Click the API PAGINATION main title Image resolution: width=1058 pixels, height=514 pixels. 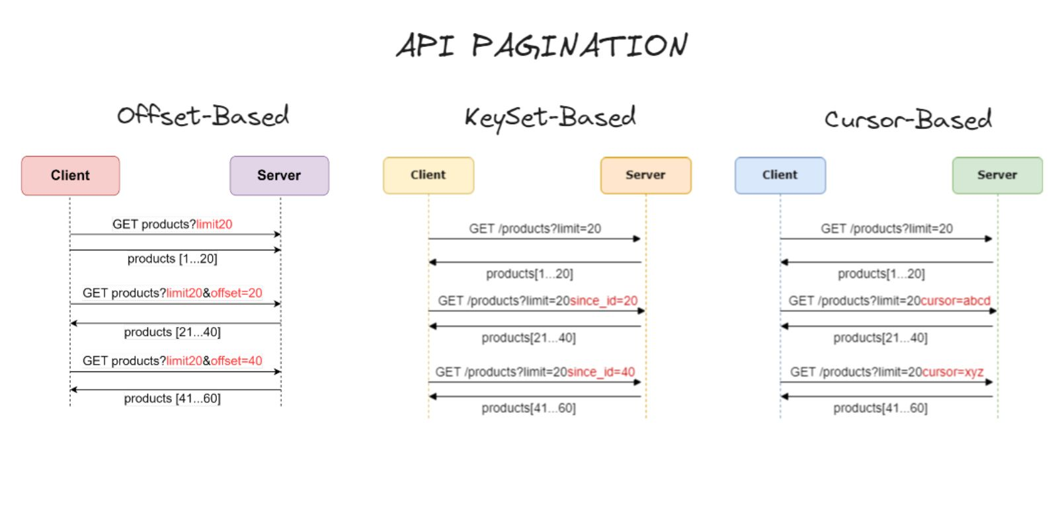(542, 46)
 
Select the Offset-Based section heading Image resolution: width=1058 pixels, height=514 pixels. (203, 116)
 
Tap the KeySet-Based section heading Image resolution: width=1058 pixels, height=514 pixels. (549, 118)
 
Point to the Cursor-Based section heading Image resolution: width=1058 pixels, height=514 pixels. (907, 120)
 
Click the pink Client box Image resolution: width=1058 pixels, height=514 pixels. (70, 176)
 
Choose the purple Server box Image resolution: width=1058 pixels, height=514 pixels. (279, 176)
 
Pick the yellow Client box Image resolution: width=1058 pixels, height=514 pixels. (428, 175)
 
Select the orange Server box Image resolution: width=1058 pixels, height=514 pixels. (645, 175)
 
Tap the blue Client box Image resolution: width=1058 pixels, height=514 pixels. (780, 175)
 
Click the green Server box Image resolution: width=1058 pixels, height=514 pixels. (997, 175)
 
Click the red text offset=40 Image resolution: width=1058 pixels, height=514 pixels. (237, 361)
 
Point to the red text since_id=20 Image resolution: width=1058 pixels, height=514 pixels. (603, 301)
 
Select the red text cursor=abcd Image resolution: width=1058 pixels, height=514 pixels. (956, 301)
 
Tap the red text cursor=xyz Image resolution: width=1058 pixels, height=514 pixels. (953, 372)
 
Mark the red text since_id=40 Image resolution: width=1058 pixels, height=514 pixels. (601, 372)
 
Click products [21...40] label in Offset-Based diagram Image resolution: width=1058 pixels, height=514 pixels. (172, 332)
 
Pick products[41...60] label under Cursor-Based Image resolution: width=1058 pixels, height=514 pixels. (880, 408)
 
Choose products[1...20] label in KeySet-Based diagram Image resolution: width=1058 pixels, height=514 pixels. (529, 274)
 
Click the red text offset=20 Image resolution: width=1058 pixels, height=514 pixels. (237, 293)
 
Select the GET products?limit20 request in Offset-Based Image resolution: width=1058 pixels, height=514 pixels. (172, 225)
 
